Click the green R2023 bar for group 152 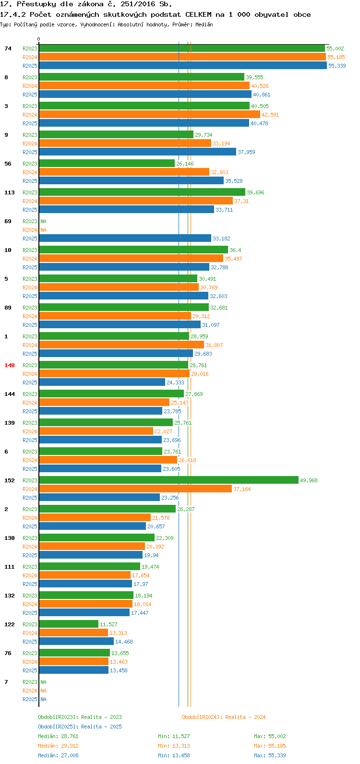[x=168, y=480]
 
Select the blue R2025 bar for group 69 [x=125, y=238]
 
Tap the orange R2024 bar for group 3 [x=149, y=114]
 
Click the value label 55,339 [x=337, y=66]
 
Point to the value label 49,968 [x=309, y=480]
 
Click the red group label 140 [x=10, y=365]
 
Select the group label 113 [x=10, y=192]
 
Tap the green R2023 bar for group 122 [x=69, y=624]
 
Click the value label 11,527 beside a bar [x=108, y=624]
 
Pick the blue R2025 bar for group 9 [x=137, y=152]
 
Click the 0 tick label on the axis [x=39, y=39]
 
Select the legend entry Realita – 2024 [x=224, y=717]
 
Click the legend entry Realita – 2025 [x=80, y=727]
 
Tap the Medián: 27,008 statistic [x=58, y=755]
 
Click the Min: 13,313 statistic [x=174, y=746]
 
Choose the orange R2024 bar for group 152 [x=135, y=489]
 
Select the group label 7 [x=6, y=682]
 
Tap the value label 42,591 [x=270, y=115]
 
